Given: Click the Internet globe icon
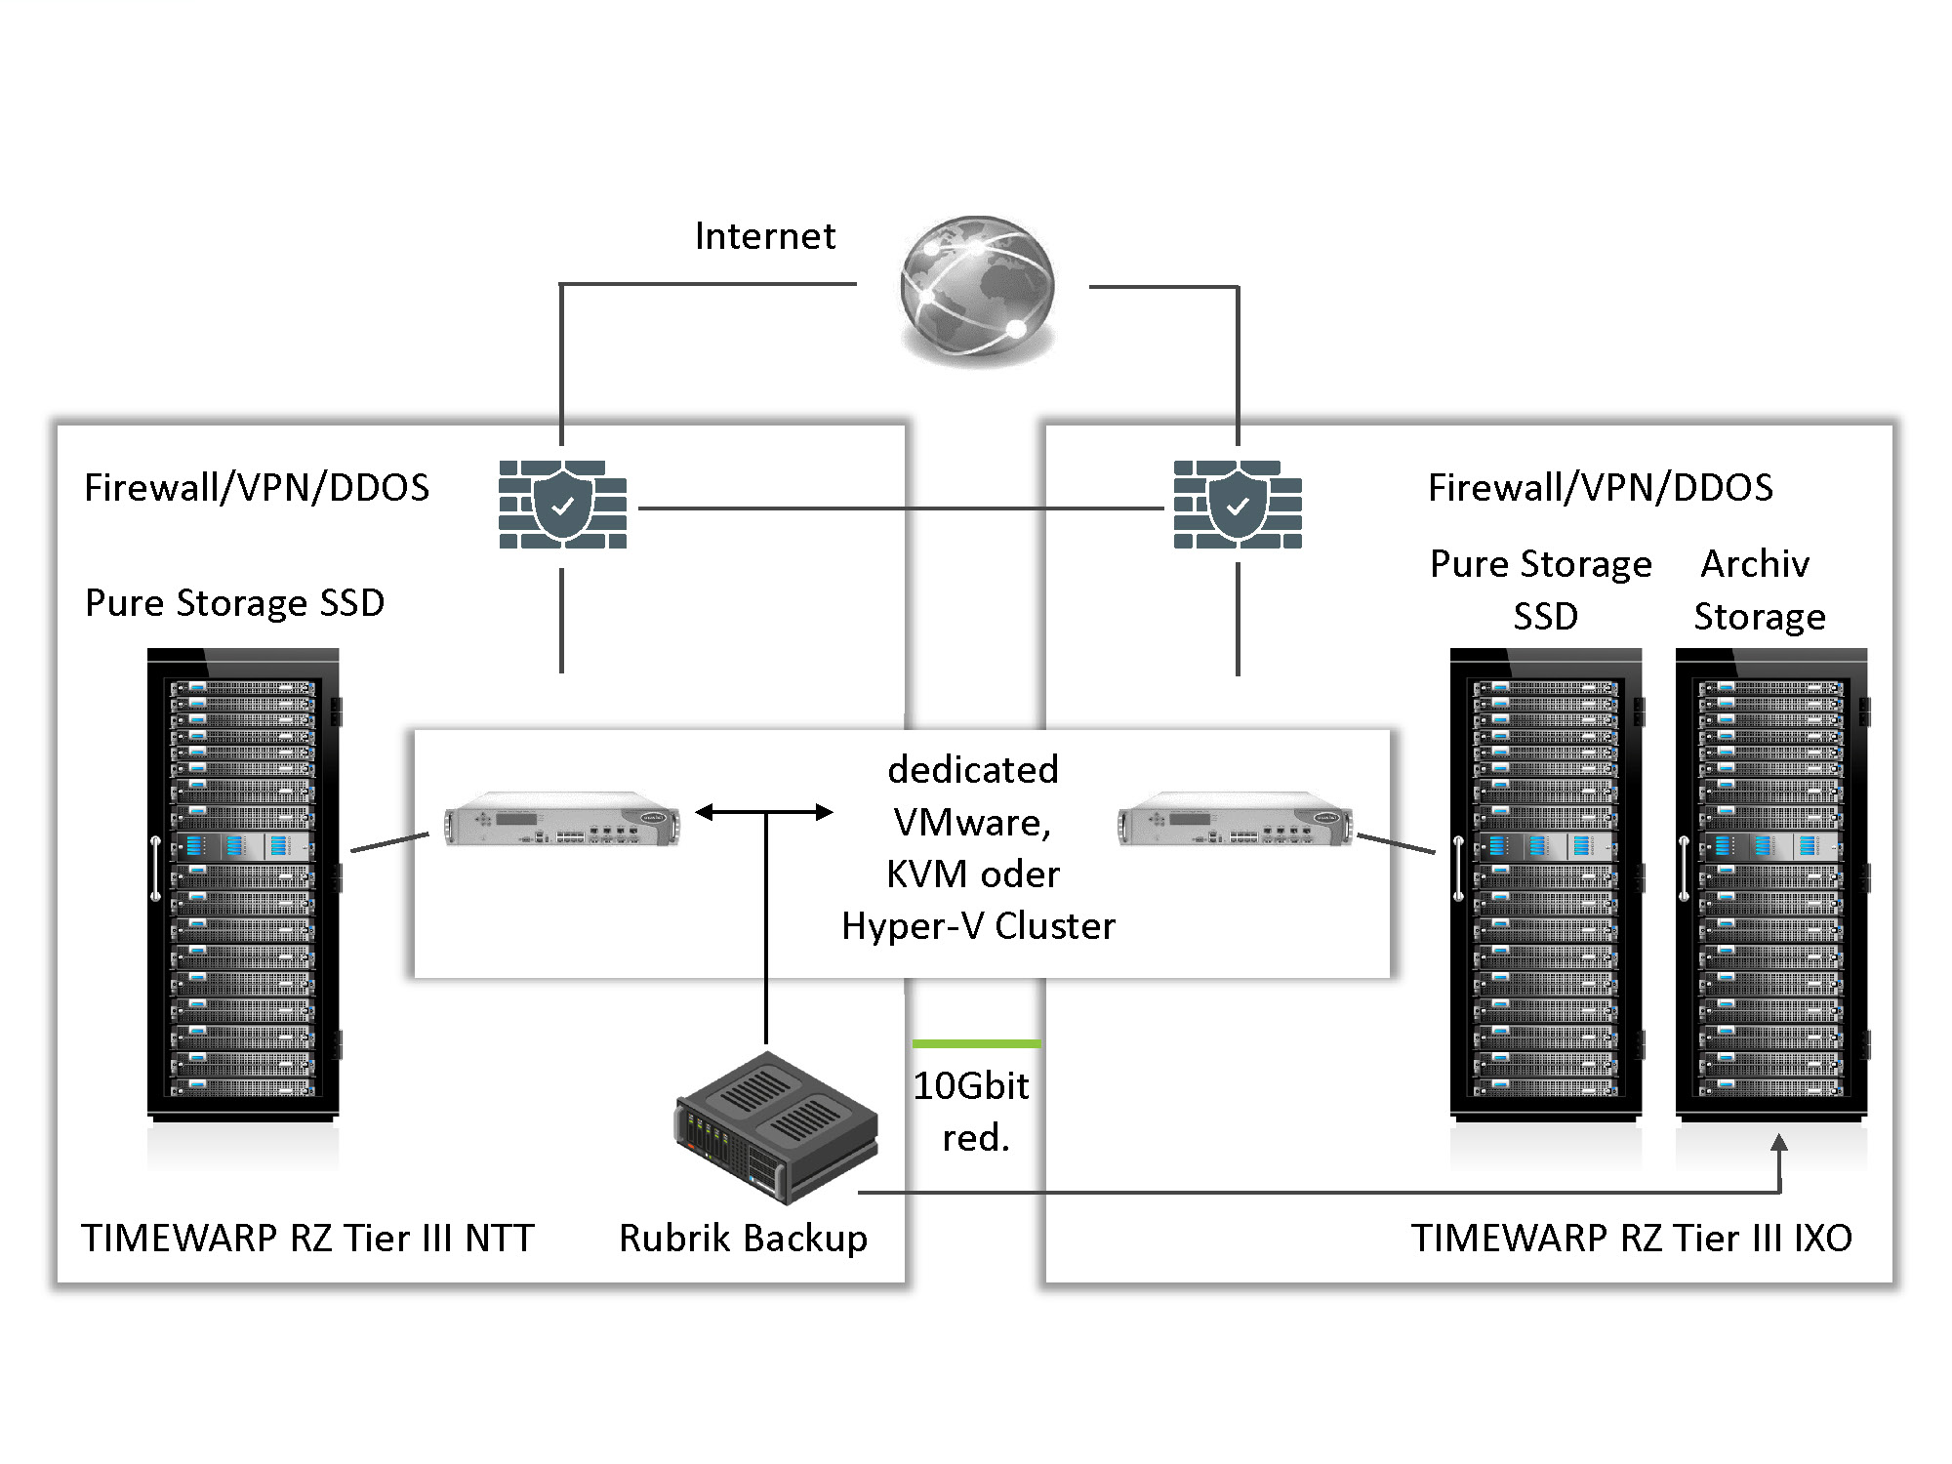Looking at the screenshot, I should [977, 290].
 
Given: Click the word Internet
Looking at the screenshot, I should [765, 236].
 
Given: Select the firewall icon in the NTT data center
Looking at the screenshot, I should [562, 505].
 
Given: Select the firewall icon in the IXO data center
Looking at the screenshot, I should [1238, 505].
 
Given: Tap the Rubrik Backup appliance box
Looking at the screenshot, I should [776, 1127].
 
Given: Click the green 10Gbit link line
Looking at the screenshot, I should [976, 1043].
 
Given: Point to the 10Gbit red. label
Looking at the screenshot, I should [972, 1112].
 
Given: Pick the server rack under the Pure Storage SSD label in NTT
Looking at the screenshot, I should [243, 883].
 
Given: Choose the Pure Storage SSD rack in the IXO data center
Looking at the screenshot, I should [1546, 883].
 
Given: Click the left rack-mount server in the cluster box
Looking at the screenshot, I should [561, 819].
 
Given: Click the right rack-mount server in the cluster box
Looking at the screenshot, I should [1236, 819].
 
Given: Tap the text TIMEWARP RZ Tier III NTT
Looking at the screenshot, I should [307, 1238].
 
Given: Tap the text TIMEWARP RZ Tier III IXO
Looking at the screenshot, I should [1631, 1238].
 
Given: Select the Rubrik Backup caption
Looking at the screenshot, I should [743, 1238].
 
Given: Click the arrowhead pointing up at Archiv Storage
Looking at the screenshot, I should [1779, 1144].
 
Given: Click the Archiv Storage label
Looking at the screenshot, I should [1758, 590].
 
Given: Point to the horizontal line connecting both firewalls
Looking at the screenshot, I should [900, 508].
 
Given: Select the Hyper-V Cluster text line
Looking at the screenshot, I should [978, 925].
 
